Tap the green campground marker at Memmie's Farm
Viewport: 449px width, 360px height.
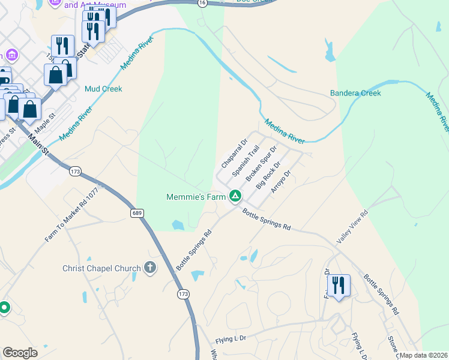[236, 196]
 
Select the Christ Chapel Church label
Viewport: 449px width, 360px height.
[101, 268]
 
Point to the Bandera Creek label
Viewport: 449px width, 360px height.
[355, 93]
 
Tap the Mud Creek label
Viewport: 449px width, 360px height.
[103, 89]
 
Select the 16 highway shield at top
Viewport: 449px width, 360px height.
[203, 3]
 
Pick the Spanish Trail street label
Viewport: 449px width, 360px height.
[246, 160]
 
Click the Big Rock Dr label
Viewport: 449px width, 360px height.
[268, 175]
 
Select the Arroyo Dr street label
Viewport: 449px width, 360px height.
[281, 182]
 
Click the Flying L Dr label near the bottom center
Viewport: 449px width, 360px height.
[232, 339]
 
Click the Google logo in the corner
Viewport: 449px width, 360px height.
[20, 353]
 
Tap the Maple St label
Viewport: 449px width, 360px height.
[45, 125]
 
